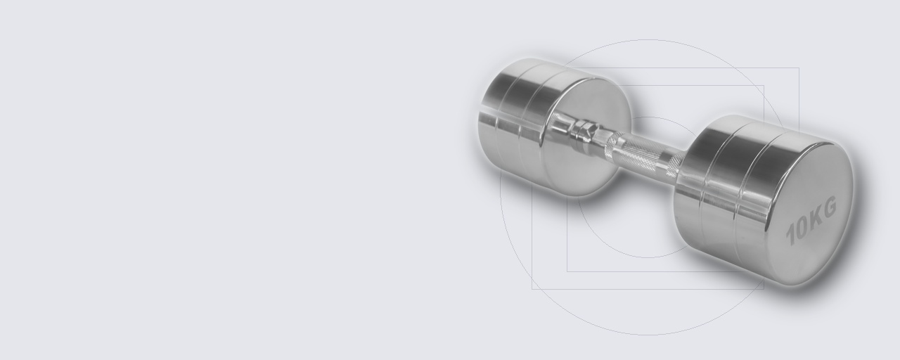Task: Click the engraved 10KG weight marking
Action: (811, 221)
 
